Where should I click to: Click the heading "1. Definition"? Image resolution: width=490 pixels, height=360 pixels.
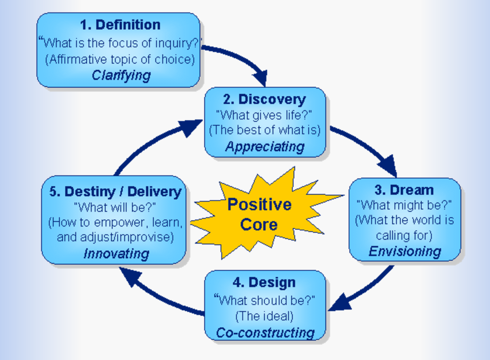point(120,25)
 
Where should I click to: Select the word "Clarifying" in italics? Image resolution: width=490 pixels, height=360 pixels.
point(121,75)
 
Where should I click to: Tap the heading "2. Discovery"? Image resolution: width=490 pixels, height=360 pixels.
point(264,99)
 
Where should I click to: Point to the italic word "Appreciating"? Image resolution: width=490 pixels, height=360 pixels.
point(265,147)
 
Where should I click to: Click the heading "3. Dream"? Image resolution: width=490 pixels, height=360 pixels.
point(404,190)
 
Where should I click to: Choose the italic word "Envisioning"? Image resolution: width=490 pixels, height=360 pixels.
point(405,251)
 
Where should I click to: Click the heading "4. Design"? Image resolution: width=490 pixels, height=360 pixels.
point(264,282)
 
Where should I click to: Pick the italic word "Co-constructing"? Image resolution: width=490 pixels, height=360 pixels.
point(265,332)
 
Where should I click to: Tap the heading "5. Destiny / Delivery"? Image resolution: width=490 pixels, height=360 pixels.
point(116,192)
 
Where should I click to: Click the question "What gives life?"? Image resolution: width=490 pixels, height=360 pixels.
point(264,115)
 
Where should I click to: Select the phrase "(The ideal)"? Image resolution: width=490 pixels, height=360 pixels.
point(264,316)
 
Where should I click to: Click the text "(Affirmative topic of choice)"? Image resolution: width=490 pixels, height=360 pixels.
point(120,60)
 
